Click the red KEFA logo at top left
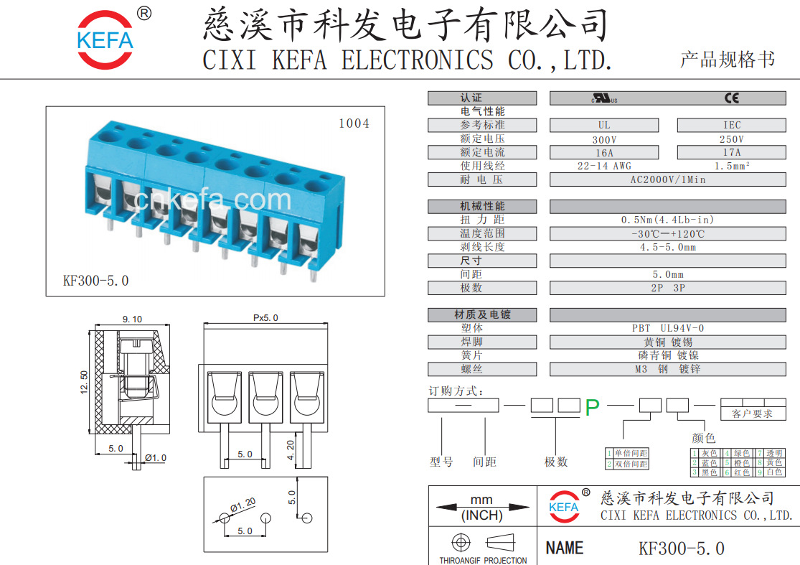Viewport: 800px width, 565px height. point(105,39)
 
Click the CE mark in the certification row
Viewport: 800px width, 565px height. point(731,98)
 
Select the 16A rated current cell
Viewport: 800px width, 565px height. point(604,152)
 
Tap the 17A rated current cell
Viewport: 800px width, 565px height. point(731,152)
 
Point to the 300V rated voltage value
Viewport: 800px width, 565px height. point(604,139)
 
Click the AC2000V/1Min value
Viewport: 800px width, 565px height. point(667,179)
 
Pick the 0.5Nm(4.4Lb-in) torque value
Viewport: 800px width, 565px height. point(667,220)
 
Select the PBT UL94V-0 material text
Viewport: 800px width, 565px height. point(667,328)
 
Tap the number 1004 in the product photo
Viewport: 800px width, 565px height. point(354,123)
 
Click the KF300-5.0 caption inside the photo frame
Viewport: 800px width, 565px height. point(96,281)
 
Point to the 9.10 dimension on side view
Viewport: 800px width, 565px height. point(132,319)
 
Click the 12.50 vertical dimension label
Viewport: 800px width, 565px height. point(84,382)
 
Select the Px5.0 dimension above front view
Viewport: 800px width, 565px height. point(265,318)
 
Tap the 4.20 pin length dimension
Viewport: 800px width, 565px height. point(290,450)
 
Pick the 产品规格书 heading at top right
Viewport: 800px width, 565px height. point(727,60)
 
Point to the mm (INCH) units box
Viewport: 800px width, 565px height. point(482,507)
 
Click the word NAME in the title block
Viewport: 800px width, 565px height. point(565,548)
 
